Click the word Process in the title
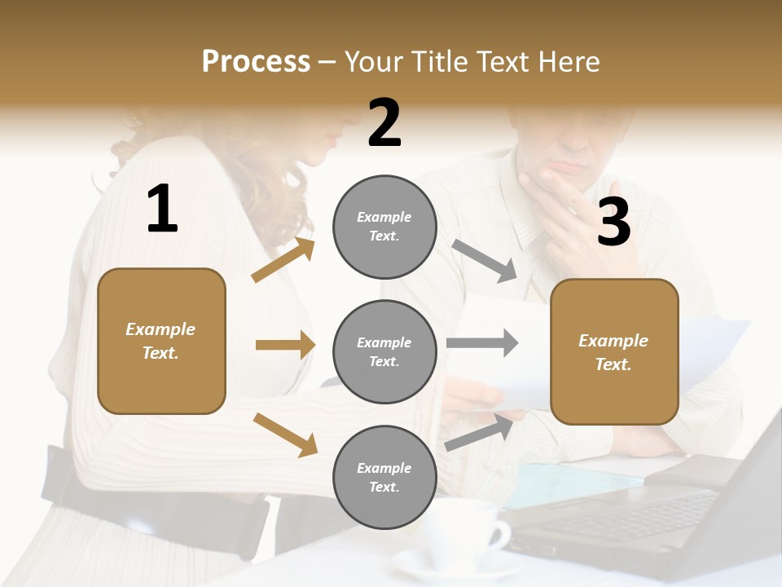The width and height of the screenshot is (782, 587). coord(256,62)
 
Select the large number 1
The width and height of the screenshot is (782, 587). coord(162,209)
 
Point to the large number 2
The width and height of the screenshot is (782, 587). coord(384,123)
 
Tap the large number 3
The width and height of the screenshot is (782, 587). coord(613,222)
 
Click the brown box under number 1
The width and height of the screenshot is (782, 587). coord(161,341)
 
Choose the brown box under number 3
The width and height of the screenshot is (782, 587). coord(614,351)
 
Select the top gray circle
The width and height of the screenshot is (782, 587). coord(384,227)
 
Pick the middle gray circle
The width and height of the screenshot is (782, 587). coord(384,351)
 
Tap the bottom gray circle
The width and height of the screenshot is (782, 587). coord(384,477)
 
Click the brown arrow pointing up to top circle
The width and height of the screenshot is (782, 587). coord(283,259)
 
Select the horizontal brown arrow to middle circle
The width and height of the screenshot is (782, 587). coord(285,345)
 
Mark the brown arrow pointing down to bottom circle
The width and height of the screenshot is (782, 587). coord(285,435)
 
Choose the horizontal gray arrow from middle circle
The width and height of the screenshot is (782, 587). coord(482,343)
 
